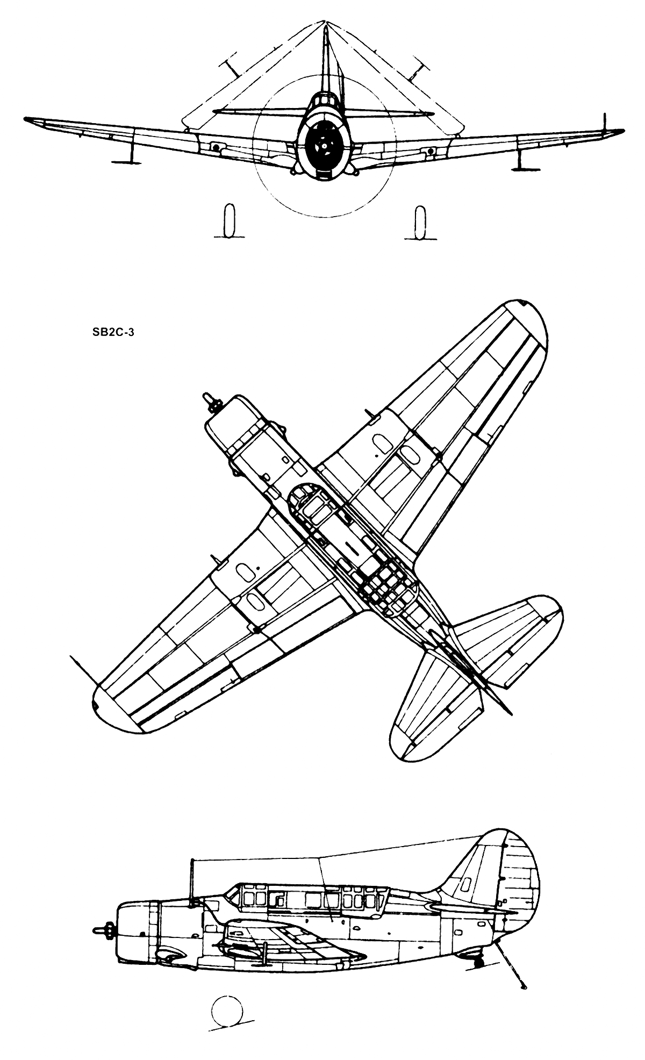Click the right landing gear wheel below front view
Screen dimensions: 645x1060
pyautogui.click(x=420, y=221)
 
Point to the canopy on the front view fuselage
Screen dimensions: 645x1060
pyautogui.click(x=325, y=101)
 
